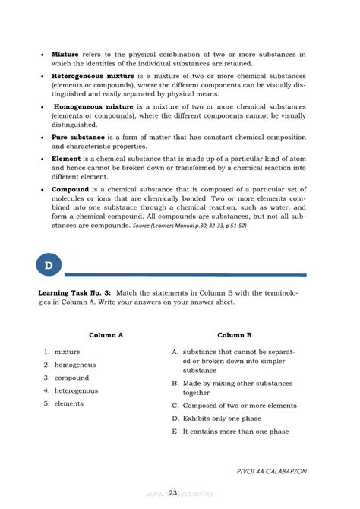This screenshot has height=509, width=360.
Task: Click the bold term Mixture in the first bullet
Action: (x=65, y=55)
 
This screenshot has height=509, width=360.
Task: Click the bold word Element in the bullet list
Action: (x=65, y=159)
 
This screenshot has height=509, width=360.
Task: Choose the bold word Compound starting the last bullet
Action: (x=70, y=189)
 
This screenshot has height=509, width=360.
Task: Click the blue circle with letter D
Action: (x=49, y=266)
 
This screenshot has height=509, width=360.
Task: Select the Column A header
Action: (x=106, y=334)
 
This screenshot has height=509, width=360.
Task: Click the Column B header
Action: (x=234, y=334)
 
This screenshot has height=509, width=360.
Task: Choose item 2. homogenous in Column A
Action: (x=70, y=365)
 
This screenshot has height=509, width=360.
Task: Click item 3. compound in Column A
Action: (x=67, y=378)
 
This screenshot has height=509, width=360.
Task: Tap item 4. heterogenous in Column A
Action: (x=71, y=390)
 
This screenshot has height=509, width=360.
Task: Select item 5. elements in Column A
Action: (x=64, y=403)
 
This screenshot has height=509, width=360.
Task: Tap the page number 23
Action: (x=173, y=493)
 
